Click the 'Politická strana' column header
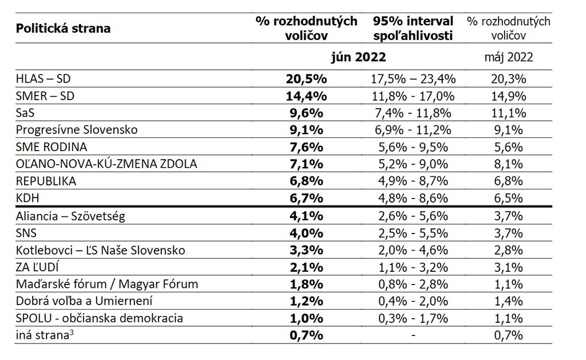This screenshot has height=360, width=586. [64, 28]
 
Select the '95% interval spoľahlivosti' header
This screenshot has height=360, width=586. [413, 28]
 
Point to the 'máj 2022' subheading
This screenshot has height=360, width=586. [508, 57]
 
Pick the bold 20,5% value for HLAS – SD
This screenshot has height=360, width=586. [307, 79]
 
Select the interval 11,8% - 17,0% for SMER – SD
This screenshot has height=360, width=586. [413, 96]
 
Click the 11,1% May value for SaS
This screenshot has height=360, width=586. [508, 113]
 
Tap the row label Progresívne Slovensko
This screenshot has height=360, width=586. [77, 129]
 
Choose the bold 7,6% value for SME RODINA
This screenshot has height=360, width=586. [307, 147]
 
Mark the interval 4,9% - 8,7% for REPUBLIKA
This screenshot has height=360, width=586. [413, 181]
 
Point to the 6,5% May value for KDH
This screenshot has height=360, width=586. [508, 198]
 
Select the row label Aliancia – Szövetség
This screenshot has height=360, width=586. [71, 216]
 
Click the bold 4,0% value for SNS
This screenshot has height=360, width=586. [307, 233]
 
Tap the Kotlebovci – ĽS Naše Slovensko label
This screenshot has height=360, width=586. [100, 250]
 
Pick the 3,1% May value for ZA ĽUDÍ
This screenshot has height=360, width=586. [508, 267]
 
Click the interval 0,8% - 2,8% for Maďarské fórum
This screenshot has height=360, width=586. [413, 284]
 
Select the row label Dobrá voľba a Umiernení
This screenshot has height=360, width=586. [84, 301]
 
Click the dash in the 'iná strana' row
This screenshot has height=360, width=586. [413, 335]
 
